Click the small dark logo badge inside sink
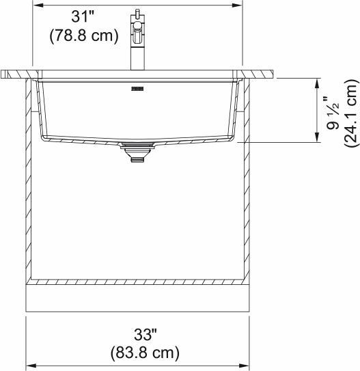pyautogui.click(x=136, y=88)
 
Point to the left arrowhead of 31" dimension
pyautogui.click(x=38, y=5)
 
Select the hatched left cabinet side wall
pyautogui.click(x=29, y=178)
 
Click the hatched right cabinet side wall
pyautogui.click(x=246, y=178)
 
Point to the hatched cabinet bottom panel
pyautogui.click(x=137, y=281)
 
